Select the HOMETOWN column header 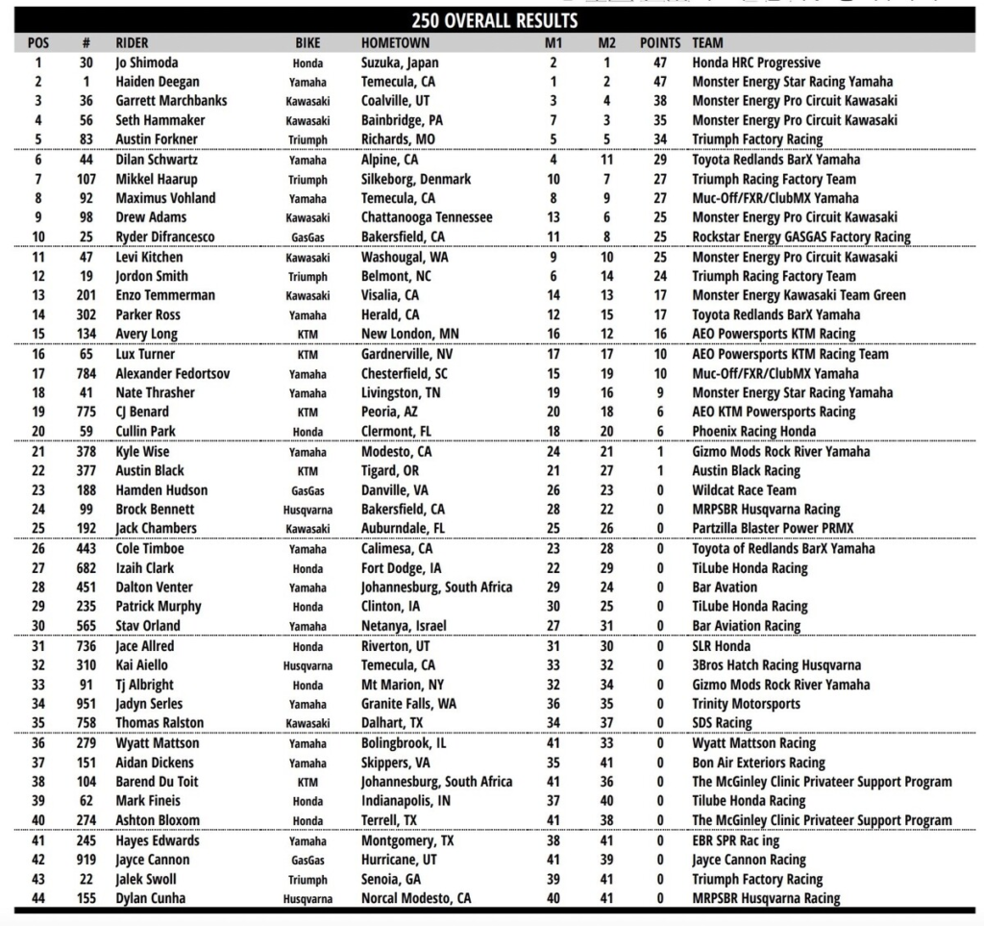(x=395, y=43)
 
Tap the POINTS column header (x=660, y=43)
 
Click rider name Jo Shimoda (x=147, y=63)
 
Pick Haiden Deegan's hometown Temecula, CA (x=398, y=82)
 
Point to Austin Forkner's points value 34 (x=660, y=139)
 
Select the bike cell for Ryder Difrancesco (x=307, y=237)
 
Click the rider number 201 (x=86, y=295)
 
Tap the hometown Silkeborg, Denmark (x=416, y=179)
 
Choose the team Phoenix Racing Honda (x=754, y=431)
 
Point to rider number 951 (x=86, y=704)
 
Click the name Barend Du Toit (x=157, y=782)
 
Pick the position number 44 (x=38, y=898)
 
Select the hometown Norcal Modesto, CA (x=416, y=898)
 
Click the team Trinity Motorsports (x=746, y=704)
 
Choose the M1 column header (x=553, y=43)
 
